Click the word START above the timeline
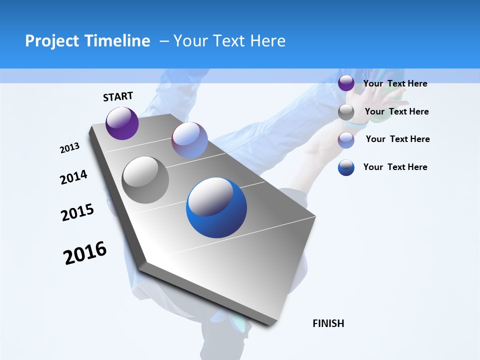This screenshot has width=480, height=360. (118, 96)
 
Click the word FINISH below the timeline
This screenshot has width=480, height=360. (328, 323)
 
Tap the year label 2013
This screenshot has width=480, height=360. (69, 148)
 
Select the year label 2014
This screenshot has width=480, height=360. (73, 177)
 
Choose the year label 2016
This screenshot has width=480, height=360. (85, 253)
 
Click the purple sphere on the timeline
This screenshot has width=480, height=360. (122, 123)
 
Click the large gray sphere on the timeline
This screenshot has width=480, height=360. (145, 180)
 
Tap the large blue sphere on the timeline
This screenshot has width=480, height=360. (216, 207)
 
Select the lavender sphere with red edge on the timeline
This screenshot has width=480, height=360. (189, 140)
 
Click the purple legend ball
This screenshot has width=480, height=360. (346, 83)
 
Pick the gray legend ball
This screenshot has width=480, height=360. (346, 112)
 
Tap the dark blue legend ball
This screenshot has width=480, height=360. (346, 167)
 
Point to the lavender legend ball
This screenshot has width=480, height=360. (346, 140)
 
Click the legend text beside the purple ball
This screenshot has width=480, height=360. (395, 83)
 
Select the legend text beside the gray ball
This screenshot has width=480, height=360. (396, 111)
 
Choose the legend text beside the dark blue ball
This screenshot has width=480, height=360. (395, 167)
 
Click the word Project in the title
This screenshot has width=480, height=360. (52, 41)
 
